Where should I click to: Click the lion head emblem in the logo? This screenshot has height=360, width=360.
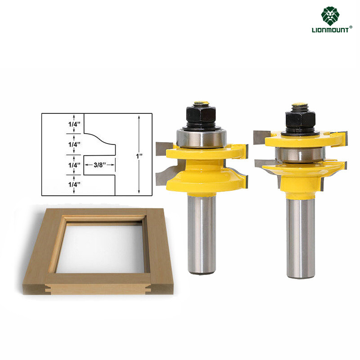tap(330, 16)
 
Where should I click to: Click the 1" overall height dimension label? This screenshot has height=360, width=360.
tap(140, 155)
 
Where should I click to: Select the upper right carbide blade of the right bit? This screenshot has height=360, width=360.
tap(339, 135)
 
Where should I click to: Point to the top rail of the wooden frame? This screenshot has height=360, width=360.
tap(103, 213)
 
